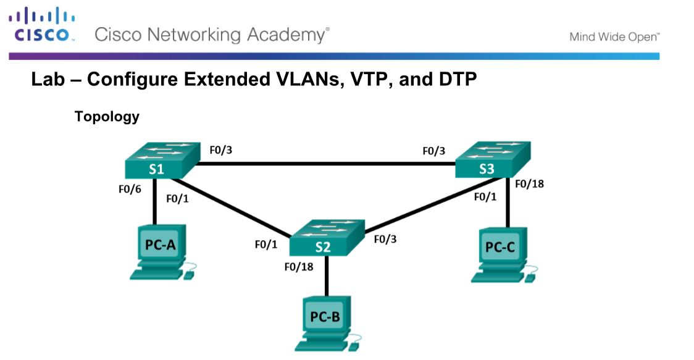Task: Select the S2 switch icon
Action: click(327, 238)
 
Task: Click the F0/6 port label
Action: click(130, 190)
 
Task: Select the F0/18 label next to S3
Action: click(529, 183)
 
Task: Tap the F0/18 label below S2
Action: click(298, 267)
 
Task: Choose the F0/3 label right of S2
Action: click(385, 239)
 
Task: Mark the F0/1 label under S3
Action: click(485, 197)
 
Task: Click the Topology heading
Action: click(107, 116)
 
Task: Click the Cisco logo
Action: click(41, 25)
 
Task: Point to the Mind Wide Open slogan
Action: click(614, 37)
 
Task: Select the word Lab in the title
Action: click(47, 80)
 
